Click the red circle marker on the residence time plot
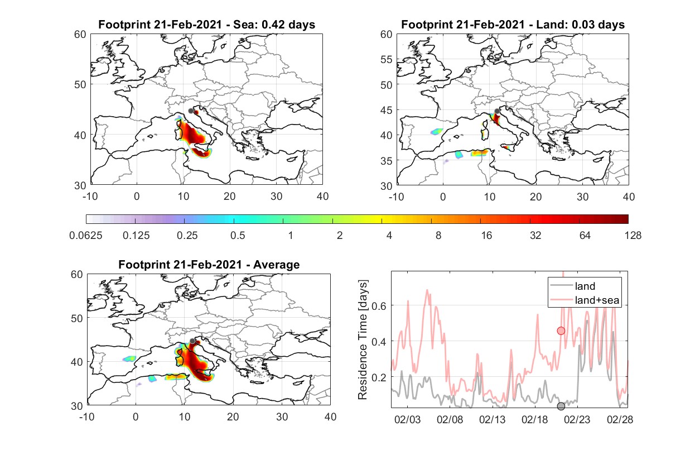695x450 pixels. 561,331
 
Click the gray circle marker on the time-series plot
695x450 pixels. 561,406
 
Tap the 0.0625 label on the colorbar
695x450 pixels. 86,236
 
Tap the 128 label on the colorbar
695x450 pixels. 633,236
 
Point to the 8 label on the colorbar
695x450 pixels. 438,236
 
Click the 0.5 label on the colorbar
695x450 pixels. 238,236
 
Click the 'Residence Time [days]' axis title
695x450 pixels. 363,339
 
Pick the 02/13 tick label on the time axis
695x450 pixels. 493,419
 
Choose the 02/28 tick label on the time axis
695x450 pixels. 620,419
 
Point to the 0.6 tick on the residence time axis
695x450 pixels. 379,306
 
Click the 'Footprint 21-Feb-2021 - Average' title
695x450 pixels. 209,265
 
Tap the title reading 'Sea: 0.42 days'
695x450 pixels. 274,25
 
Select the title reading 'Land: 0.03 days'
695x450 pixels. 581,25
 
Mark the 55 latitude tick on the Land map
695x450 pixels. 387,59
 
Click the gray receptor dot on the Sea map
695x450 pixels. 191,111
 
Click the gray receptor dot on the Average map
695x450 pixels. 192,341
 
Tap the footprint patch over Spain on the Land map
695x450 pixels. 437,131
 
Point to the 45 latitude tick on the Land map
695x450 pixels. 387,110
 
